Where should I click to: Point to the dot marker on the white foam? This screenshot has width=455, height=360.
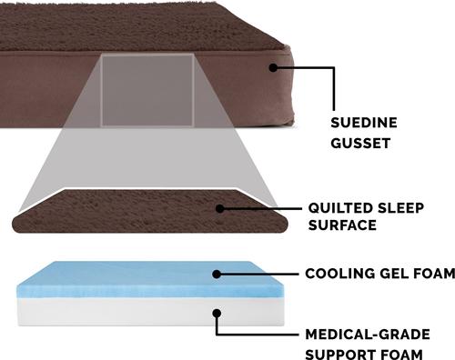[215, 313]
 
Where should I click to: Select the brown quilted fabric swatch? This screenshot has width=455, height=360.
[118, 211]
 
